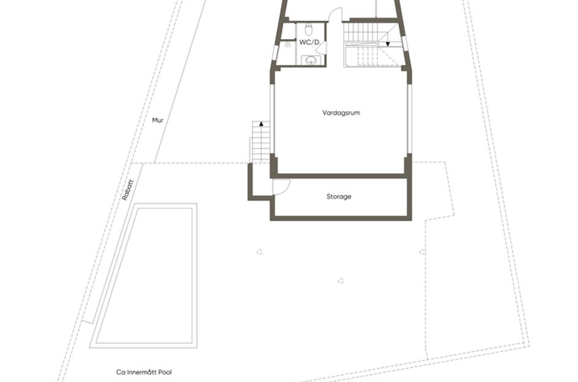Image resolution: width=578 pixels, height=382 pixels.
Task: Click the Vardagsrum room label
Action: [x=341, y=112]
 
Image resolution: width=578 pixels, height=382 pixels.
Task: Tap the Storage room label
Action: [x=338, y=197]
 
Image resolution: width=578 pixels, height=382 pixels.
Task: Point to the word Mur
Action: [x=158, y=120]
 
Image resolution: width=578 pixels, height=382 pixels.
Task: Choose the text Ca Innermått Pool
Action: [x=140, y=371]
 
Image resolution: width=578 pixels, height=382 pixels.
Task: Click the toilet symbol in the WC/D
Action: [x=308, y=29]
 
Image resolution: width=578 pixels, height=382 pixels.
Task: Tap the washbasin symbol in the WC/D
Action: [x=311, y=59]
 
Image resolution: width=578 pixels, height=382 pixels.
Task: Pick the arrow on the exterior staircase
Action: [x=261, y=124]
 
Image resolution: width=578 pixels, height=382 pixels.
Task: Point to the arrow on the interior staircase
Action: [x=387, y=44]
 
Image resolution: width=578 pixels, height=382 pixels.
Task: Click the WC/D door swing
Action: [x=321, y=48]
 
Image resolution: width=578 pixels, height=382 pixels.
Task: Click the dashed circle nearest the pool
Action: [x=259, y=251]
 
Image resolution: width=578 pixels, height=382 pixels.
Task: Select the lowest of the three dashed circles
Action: [x=341, y=281]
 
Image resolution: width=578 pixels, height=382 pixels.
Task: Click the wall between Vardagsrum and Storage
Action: [x=341, y=176]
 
